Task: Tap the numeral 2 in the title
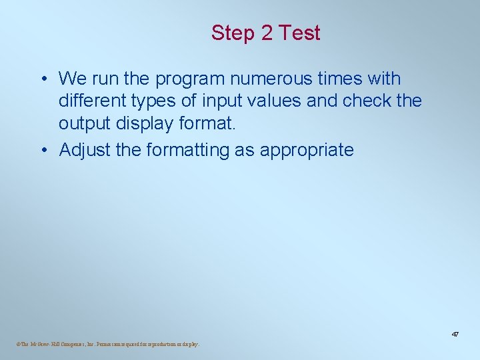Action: pyautogui.click(x=267, y=33)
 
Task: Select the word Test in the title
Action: pyautogui.click(x=299, y=33)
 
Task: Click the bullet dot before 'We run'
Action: pyautogui.click(x=42, y=79)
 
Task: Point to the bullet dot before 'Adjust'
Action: pyautogui.click(x=42, y=150)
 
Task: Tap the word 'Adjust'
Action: pyautogui.click(x=85, y=150)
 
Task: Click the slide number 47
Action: pyautogui.click(x=455, y=333)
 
